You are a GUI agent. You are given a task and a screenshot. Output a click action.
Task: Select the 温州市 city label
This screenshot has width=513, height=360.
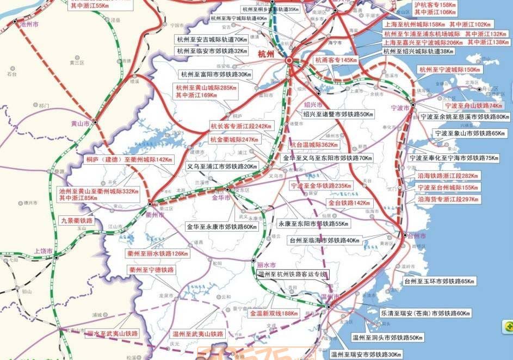[330, 297]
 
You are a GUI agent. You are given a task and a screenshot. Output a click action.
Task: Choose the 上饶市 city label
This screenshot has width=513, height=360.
[44, 251]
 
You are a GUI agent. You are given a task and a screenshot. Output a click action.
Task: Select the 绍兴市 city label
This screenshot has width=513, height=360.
[313, 104]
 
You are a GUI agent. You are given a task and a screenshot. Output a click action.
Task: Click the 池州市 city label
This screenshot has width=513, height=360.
[29, 24]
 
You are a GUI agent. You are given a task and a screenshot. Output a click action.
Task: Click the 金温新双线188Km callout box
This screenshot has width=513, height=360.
[274, 313]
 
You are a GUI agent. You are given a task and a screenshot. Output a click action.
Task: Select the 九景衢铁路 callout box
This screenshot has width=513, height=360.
[76, 221]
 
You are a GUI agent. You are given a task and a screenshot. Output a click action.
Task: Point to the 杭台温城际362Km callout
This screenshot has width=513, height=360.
[314, 145]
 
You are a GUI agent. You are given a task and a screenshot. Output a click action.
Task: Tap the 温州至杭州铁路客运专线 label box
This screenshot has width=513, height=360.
[292, 275]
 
